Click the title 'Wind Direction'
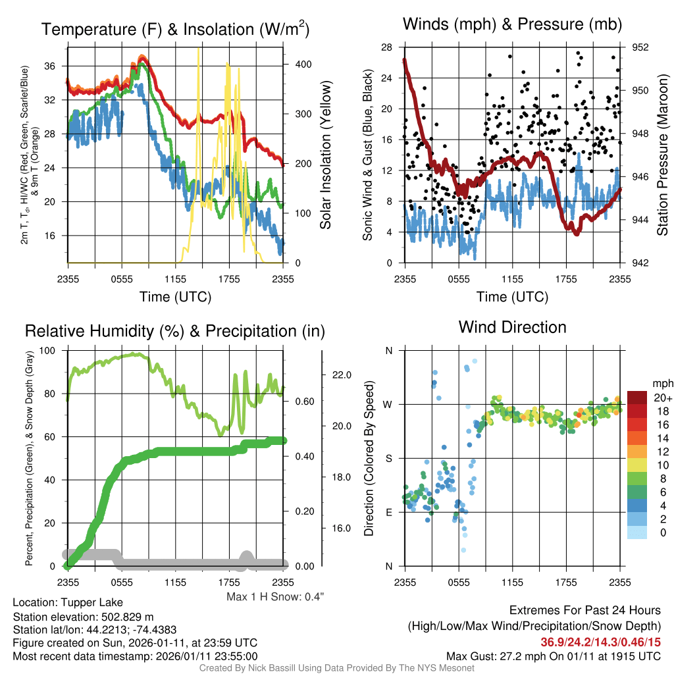click(512, 327)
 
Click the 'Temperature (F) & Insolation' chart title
click(175, 30)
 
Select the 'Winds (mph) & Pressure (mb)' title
click(512, 25)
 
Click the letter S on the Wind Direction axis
click(388, 458)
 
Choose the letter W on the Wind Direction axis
click(388, 404)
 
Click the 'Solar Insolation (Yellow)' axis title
click(326, 155)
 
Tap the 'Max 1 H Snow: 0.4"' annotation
click(275, 596)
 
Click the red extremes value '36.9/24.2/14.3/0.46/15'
click(601, 642)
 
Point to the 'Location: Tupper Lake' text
click(68, 602)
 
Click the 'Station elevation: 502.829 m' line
click(83, 616)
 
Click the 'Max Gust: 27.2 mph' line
click(554, 656)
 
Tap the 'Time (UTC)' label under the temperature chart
click(175, 297)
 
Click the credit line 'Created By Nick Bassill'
click(336, 668)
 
